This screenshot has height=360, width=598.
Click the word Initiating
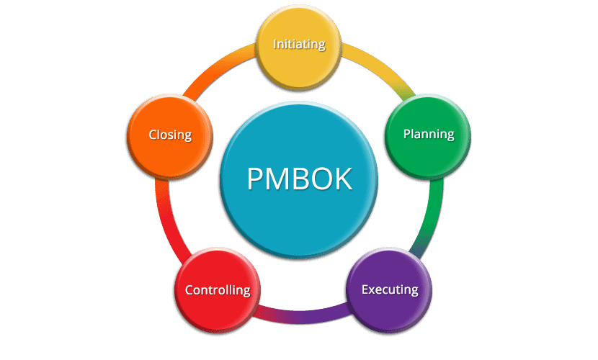click(x=299, y=44)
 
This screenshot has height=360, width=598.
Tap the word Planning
click(x=428, y=134)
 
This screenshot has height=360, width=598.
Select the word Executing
click(x=390, y=290)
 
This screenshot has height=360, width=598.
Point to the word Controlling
click(x=218, y=291)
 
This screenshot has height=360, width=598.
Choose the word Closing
click(x=170, y=135)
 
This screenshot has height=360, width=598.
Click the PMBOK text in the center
click(x=299, y=179)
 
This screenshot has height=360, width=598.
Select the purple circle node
click(x=390, y=310)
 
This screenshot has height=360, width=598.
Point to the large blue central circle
click(x=299, y=216)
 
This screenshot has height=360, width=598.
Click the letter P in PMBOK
click(x=254, y=179)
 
